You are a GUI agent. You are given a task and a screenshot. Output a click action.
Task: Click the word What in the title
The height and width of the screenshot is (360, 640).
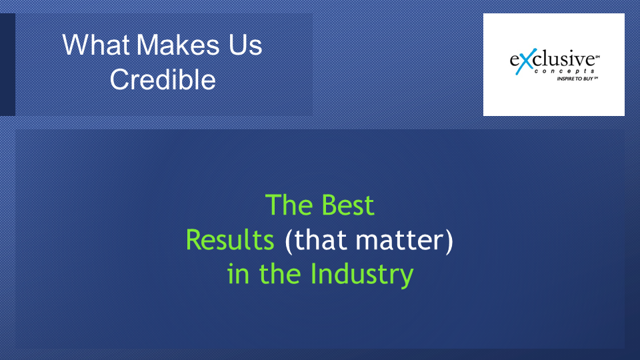(96, 45)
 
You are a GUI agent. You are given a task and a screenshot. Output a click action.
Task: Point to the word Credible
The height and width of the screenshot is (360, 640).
(163, 79)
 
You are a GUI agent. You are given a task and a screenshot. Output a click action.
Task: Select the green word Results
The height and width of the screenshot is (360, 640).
(230, 239)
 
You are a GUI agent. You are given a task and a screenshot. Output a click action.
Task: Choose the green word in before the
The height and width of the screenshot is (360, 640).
(238, 274)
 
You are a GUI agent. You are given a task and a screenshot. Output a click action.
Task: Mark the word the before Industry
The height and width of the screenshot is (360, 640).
(281, 274)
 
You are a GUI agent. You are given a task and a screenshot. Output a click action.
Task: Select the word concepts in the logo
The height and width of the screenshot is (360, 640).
(565, 71)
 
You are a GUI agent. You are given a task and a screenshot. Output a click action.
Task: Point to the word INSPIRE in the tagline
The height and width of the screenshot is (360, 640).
(565, 79)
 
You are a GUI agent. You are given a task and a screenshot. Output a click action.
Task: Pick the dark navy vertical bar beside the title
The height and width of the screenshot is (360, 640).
(7, 65)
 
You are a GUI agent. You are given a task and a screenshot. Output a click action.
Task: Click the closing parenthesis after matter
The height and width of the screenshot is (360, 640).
(449, 241)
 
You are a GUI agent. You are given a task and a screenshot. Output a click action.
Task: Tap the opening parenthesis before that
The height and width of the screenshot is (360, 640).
(289, 241)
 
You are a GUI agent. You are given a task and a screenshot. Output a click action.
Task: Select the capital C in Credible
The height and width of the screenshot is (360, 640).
(119, 79)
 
